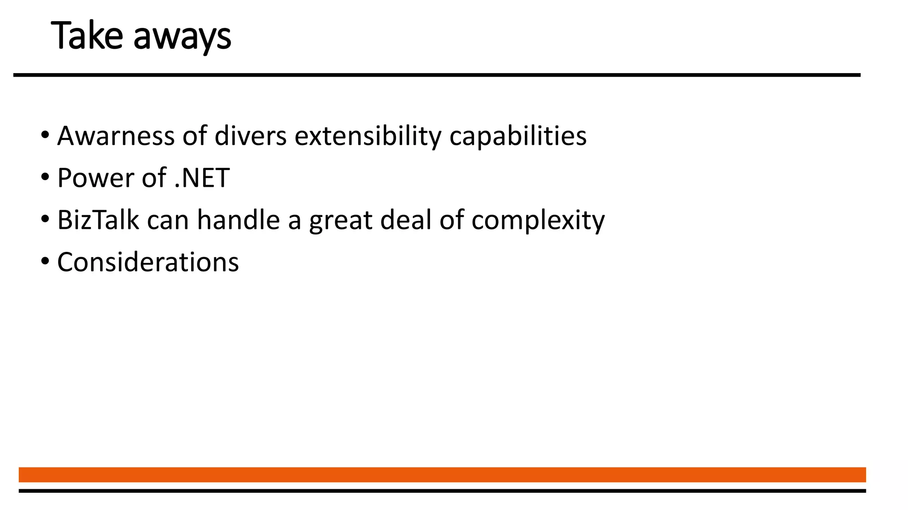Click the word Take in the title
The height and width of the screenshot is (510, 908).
(x=87, y=36)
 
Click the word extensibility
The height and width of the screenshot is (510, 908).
(x=368, y=136)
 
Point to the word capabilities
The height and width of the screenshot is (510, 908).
(x=518, y=136)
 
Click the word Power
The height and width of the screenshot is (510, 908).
(x=95, y=178)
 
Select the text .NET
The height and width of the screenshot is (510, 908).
(x=202, y=178)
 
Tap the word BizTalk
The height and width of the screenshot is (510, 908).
(x=98, y=220)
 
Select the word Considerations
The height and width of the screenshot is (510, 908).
(x=148, y=262)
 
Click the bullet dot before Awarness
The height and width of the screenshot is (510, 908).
(x=45, y=135)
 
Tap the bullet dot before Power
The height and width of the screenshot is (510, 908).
(x=45, y=177)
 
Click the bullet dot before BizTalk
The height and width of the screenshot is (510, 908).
(x=45, y=219)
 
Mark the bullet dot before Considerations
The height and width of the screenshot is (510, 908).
(x=45, y=261)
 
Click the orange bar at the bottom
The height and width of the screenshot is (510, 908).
(x=442, y=475)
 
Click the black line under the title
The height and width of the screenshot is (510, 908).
(x=437, y=75)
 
